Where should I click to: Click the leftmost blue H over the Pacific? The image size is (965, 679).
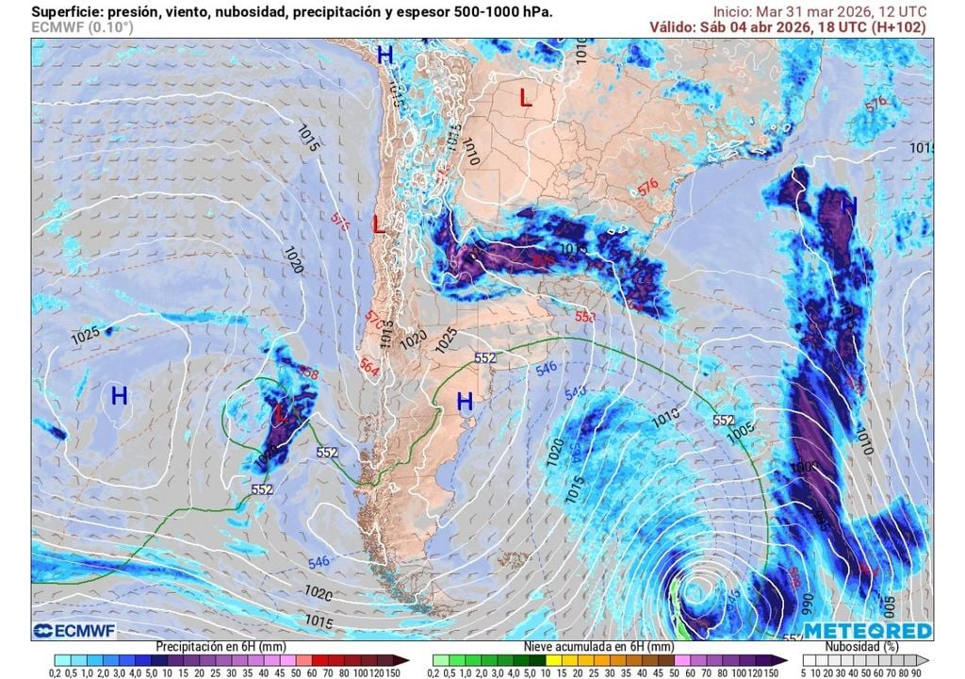tap(119, 396)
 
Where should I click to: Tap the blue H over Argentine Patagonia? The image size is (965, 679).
tap(465, 402)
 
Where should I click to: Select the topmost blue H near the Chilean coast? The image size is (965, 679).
tap(384, 55)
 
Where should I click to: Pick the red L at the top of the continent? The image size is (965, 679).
tap(526, 97)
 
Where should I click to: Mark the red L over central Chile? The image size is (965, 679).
tap(378, 224)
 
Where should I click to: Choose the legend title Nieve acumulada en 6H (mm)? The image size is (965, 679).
tap(599, 647)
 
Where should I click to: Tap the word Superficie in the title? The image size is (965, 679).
tap(67, 11)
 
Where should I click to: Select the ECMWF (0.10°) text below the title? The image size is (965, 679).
tap(83, 27)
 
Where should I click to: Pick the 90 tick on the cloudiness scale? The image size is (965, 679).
tap(927, 672)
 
